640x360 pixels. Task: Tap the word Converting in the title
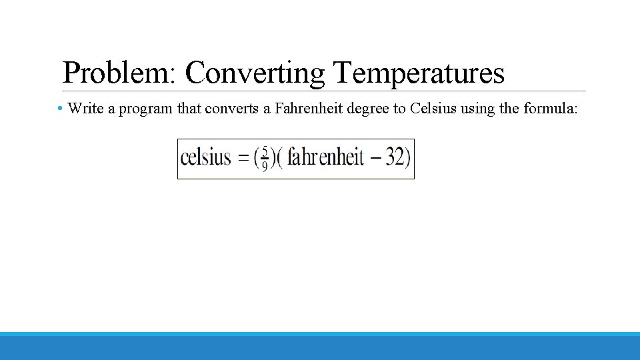pyautogui.click(x=255, y=73)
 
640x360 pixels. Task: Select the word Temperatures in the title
pyautogui.click(x=419, y=73)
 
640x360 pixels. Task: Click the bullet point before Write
pyautogui.click(x=60, y=108)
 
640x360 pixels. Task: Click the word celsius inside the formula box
pyautogui.click(x=205, y=159)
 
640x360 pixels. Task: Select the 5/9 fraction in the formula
pyautogui.click(x=264, y=159)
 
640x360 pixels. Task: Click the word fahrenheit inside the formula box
pyautogui.click(x=325, y=159)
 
